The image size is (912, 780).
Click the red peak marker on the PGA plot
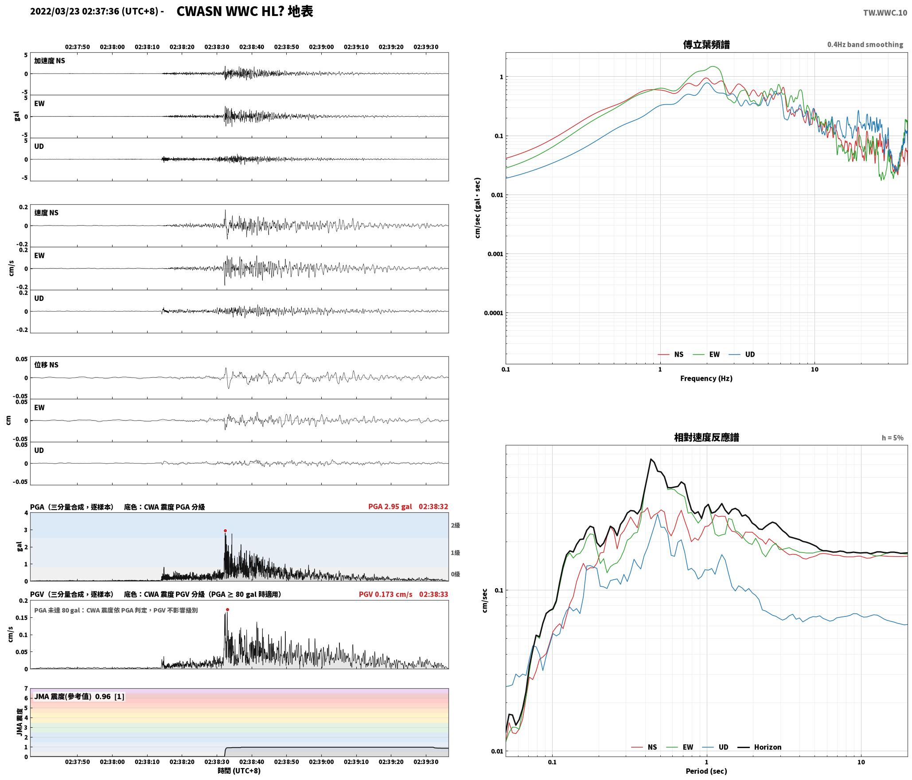pos(225,530)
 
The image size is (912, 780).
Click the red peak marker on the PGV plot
pos(227,609)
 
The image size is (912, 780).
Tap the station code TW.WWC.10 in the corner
pos(885,13)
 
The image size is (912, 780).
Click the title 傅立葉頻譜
pos(706,44)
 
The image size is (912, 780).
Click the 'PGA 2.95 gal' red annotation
pos(390,506)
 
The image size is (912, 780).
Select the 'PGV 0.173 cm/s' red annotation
pos(386,594)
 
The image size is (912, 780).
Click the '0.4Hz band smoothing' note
pos(865,44)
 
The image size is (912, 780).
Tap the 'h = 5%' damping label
pos(893,437)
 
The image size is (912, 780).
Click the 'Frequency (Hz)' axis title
pos(706,378)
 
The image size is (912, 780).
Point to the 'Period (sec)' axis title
pos(706,771)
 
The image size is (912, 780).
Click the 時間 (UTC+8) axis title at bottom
pos(239,771)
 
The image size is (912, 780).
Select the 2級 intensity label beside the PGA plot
pos(455,525)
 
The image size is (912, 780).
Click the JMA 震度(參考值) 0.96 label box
pos(79,696)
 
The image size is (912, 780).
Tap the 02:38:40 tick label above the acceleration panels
pos(252,47)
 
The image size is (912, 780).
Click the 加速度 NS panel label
pos(50,61)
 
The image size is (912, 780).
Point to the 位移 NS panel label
pos(47,365)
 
